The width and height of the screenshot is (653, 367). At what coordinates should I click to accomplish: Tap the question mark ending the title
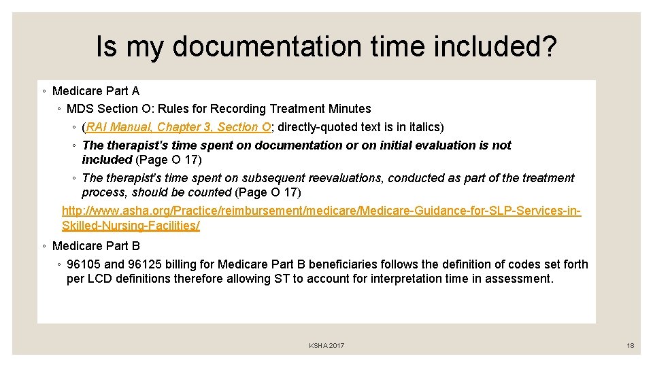tap(548, 47)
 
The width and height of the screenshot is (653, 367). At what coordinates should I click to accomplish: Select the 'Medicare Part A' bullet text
tap(95, 91)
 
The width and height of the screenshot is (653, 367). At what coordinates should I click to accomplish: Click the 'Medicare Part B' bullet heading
tap(95, 246)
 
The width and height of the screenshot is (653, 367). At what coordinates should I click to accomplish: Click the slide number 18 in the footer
tap(631, 346)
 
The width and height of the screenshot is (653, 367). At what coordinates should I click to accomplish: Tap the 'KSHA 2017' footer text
tap(326, 346)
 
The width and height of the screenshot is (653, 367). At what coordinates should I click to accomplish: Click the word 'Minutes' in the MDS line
tap(351, 109)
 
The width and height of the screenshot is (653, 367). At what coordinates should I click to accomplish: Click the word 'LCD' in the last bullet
tap(99, 279)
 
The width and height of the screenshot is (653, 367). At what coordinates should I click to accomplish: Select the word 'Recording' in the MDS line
tap(239, 109)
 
